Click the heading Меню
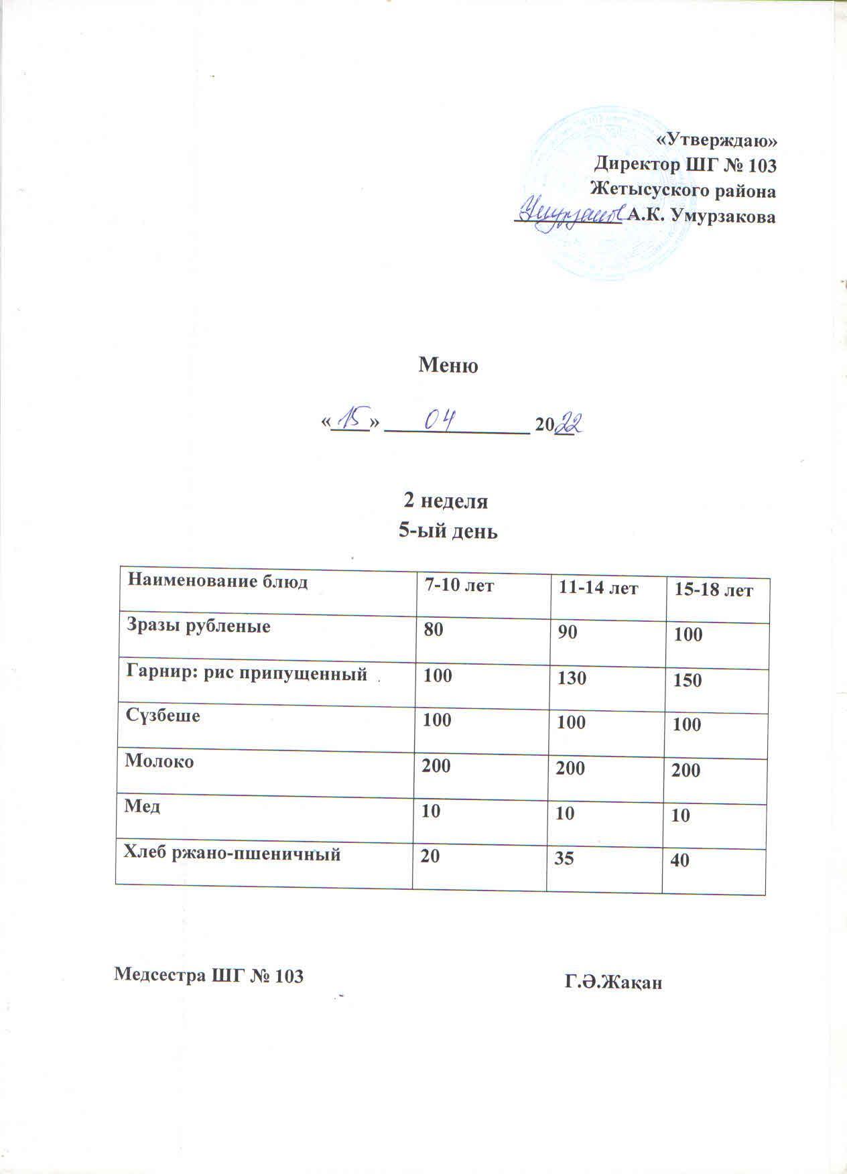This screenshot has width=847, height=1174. (448, 367)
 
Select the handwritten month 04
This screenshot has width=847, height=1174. (439, 421)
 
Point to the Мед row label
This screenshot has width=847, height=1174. (142, 807)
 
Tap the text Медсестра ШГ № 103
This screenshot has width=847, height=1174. (209, 976)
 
